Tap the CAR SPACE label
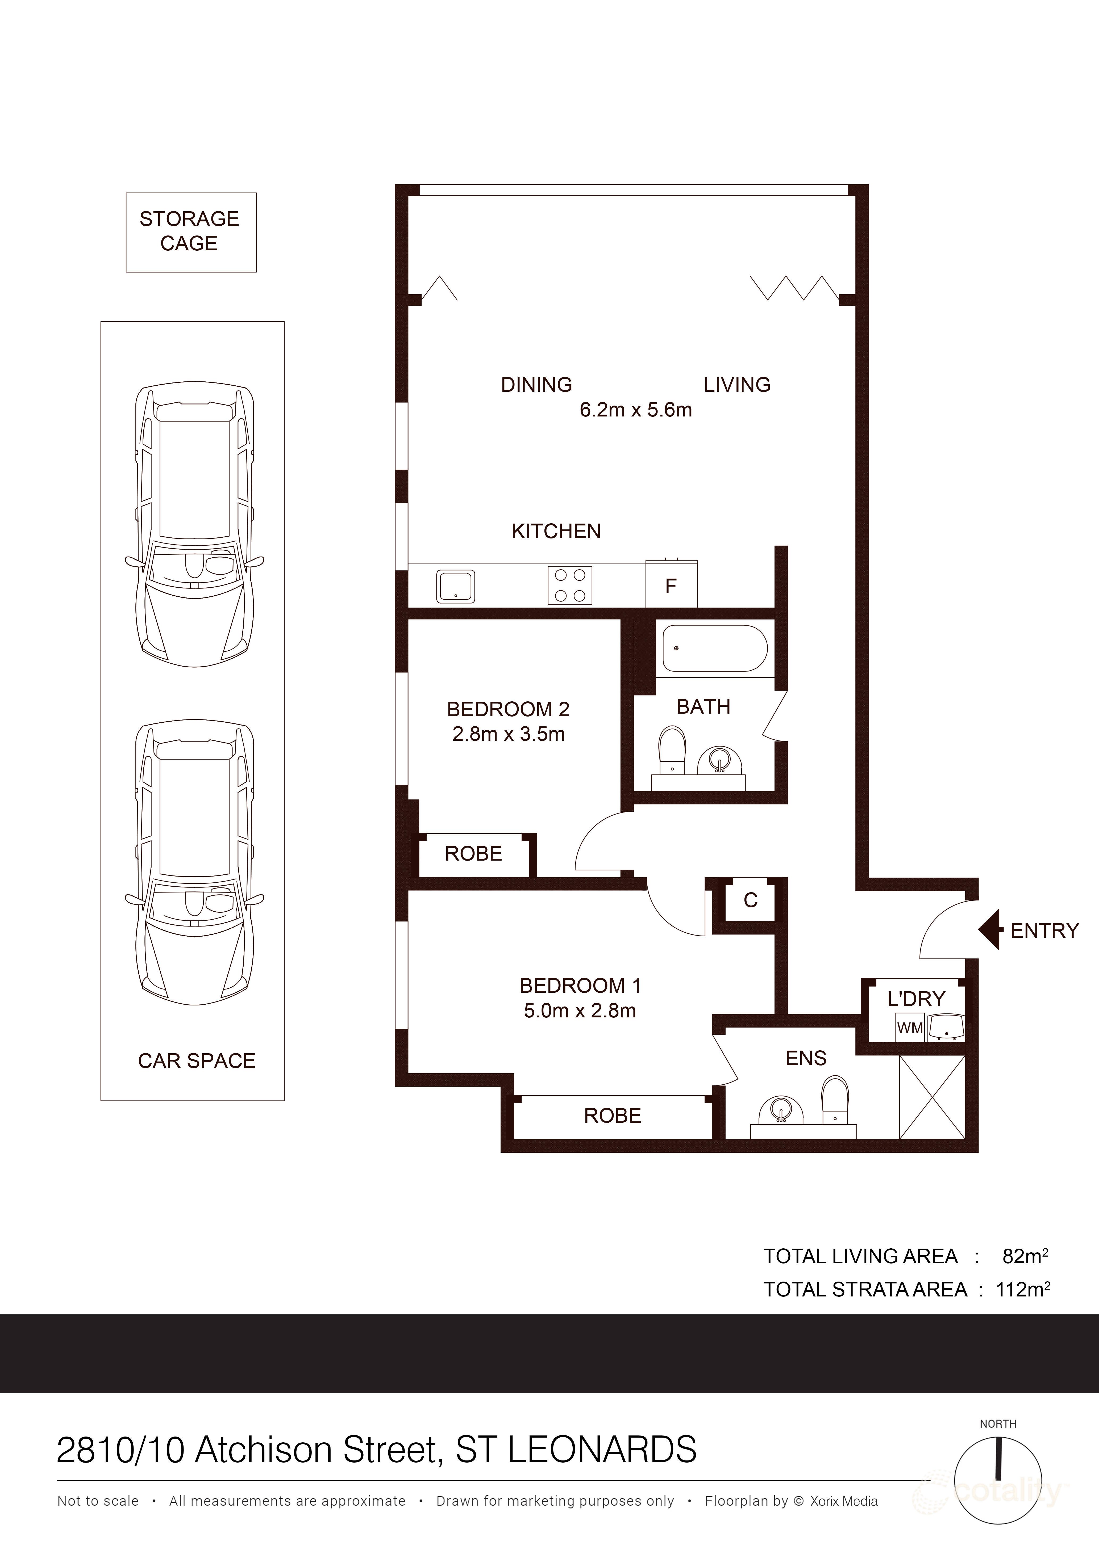pos(196,1061)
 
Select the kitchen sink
pos(456,586)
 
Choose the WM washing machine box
pos(909,1027)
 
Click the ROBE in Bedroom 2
pos(473,854)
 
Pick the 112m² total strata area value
pos(1022,1290)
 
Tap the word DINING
pos(536,385)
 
